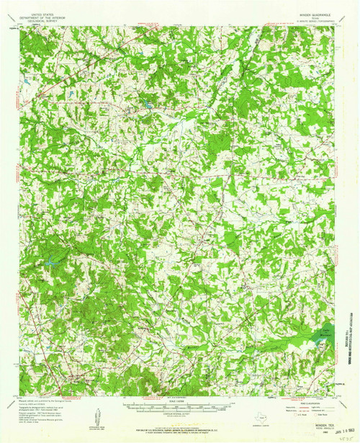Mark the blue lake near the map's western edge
pos(52,264)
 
